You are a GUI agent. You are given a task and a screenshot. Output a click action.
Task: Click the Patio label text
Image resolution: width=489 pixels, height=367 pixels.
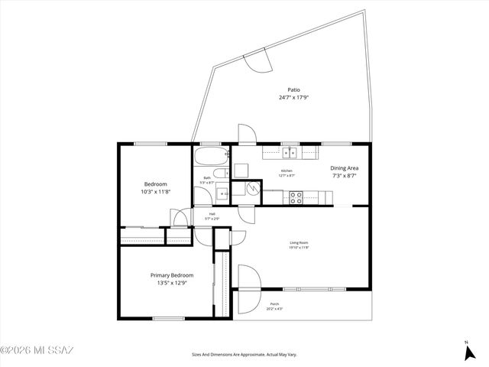pos(293,89)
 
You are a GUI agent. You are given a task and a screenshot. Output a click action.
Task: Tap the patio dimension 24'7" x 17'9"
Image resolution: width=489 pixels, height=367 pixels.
pos(293,98)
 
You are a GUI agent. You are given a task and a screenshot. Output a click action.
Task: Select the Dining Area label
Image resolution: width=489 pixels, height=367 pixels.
pos(344,167)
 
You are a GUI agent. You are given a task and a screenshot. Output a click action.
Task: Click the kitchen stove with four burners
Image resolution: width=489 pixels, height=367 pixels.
pos(295,197)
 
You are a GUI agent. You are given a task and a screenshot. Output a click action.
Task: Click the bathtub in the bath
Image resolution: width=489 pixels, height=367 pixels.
pos(210,158)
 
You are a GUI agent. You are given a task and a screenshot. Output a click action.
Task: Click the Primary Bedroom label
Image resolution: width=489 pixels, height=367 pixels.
pos(171,275)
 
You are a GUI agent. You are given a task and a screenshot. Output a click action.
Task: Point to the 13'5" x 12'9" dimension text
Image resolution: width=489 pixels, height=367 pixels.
pos(171,283)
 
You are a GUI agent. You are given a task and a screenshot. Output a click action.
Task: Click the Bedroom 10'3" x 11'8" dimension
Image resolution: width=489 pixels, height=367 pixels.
pos(156,192)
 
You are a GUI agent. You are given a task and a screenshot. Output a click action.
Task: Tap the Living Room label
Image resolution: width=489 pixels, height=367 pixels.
pos(299,243)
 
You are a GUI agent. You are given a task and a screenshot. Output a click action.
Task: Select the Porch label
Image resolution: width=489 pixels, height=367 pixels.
pos(273,305)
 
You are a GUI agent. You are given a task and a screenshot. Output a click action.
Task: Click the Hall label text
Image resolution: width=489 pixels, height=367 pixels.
pos(212,214)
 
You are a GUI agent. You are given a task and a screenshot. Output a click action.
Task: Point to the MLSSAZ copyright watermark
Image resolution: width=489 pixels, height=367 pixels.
pos(37,351)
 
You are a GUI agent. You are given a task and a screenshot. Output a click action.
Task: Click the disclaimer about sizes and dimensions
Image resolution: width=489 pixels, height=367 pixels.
pos(244,355)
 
